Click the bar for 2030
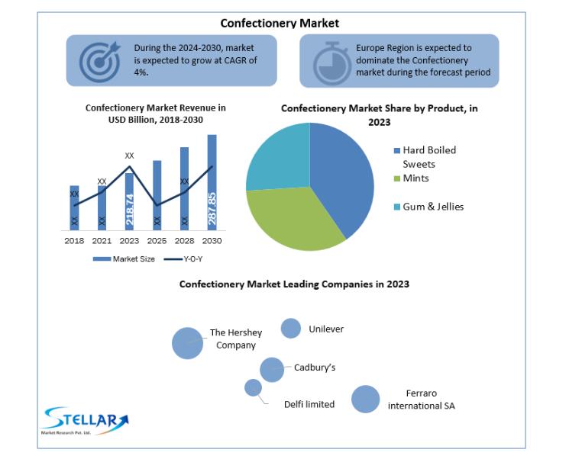pyautogui.click(x=212, y=182)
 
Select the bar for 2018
pyautogui.click(x=74, y=208)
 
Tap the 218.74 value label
pyautogui.click(x=130, y=210)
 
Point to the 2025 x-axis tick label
pyautogui.click(x=157, y=241)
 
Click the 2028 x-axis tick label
pyautogui.click(x=185, y=241)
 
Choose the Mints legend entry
pyautogui.click(x=411, y=178)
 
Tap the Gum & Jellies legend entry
pyautogui.click(x=428, y=207)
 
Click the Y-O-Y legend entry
pyautogui.click(x=183, y=259)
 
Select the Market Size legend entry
pyautogui.click(x=124, y=259)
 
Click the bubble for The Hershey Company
pyautogui.click(x=187, y=343)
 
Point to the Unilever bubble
pyautogui.click(x=291, y=328)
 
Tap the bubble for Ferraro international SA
pyautogui.click(x=366, y=399)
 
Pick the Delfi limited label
pyautogui.click(x=309, y=404)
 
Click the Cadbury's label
pyautogui.click(x=315, y=368)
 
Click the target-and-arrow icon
pyautogui.click(x=100, y=62)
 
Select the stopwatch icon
pyautogui.click(x=331, y=64)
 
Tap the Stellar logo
pyautogui.click(x=86, y=420)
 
